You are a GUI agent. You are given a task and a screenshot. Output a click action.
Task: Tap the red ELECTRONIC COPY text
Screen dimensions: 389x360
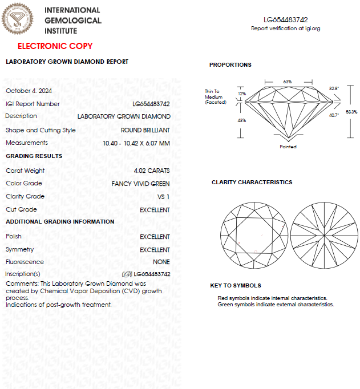(55, 46)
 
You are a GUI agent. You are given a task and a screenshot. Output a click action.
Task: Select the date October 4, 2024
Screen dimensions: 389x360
(29, 91)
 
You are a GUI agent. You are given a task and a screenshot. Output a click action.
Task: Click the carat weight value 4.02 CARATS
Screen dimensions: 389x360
(151, 171)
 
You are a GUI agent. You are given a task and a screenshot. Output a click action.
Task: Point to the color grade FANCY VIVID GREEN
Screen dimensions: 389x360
(140, 184)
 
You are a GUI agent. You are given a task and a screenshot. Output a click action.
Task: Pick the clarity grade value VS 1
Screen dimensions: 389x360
(164, 197)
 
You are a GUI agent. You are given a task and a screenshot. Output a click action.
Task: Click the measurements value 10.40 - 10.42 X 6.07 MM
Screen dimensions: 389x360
(136, 143)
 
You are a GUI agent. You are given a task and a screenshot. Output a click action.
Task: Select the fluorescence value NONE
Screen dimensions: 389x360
(161, 262)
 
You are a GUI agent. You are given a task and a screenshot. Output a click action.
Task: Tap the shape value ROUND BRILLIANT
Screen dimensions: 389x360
(145, 130)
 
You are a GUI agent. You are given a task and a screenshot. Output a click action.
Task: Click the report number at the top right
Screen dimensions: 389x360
(286, 19)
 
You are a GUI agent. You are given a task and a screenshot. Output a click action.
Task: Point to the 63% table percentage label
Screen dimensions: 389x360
(287, 82)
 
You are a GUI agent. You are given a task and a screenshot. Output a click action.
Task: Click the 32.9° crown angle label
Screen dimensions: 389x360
(334, 88)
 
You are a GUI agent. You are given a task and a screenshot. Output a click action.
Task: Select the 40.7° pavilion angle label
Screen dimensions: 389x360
(334, 115)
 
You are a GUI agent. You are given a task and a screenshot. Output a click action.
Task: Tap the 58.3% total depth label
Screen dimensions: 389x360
(351, 112)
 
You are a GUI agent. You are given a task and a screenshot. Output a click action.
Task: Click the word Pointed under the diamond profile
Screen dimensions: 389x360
(288, 147)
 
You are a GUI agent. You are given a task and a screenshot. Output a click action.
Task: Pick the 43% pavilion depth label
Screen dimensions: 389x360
(241, 120)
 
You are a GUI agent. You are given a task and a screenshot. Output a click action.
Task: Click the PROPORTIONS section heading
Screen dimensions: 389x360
(230, 65)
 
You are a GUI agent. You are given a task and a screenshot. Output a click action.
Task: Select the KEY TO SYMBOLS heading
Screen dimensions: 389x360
(236, 286)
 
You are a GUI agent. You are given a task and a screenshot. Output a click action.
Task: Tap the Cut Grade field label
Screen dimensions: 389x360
(21, 210)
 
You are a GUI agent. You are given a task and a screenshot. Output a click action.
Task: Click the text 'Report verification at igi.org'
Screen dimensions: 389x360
(286, 29)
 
